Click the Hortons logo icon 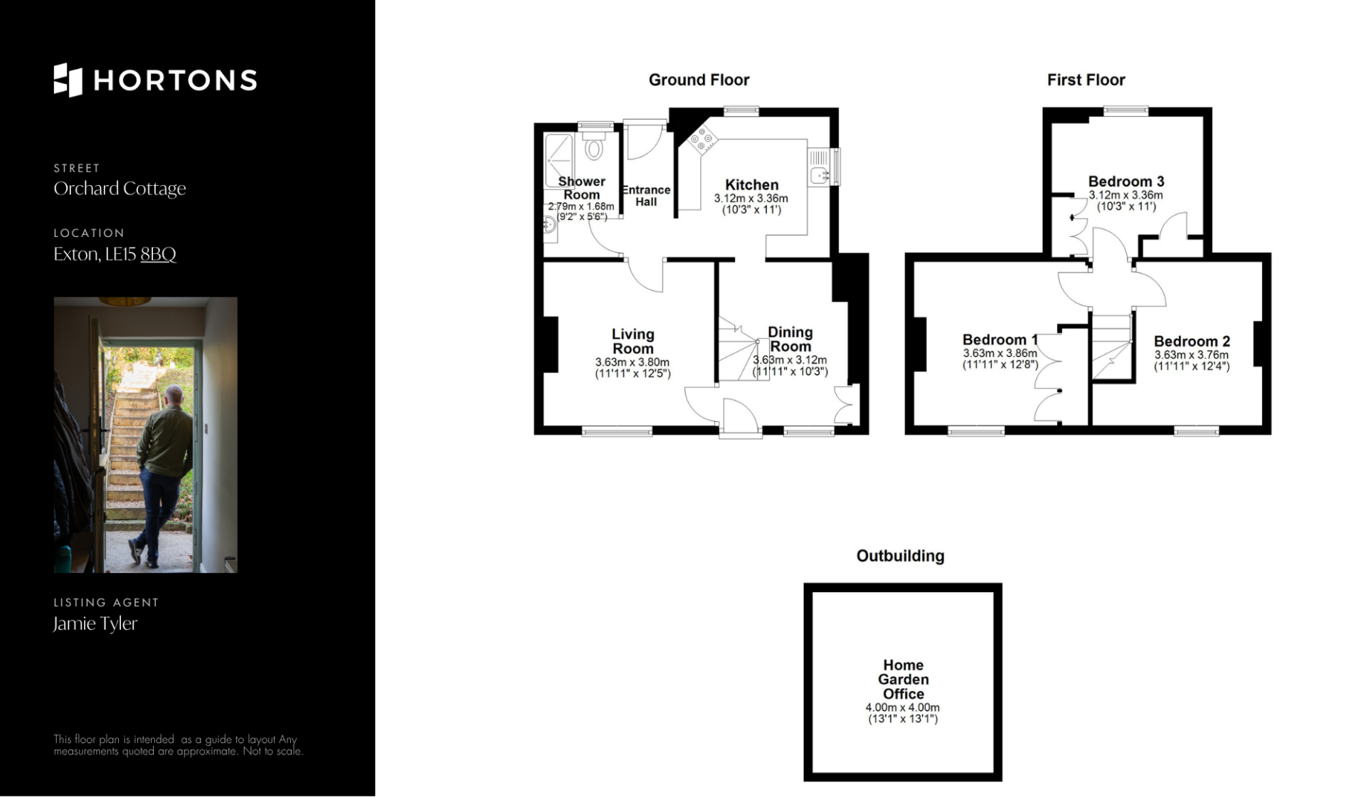(x=68, y=80)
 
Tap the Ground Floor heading (x=699, y=80)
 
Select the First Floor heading (x=1086, y=80)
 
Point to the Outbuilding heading (x=900, y=556)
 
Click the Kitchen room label (x=751, y=185)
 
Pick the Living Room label (x=632, y=341)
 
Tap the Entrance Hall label (x=646, y=196)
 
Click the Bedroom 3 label (x=1126, y=181)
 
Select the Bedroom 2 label (x=1192, y=342)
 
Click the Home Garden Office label (x=904, y=680)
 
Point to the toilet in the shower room (x=594, y=147)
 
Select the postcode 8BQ (x=158, y=254)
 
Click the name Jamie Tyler (x=95, y=624)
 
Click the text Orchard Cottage (x=120, y=189)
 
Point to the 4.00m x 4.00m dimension (x=902, y=707)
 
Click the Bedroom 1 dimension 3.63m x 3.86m (x=1000, y=353)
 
